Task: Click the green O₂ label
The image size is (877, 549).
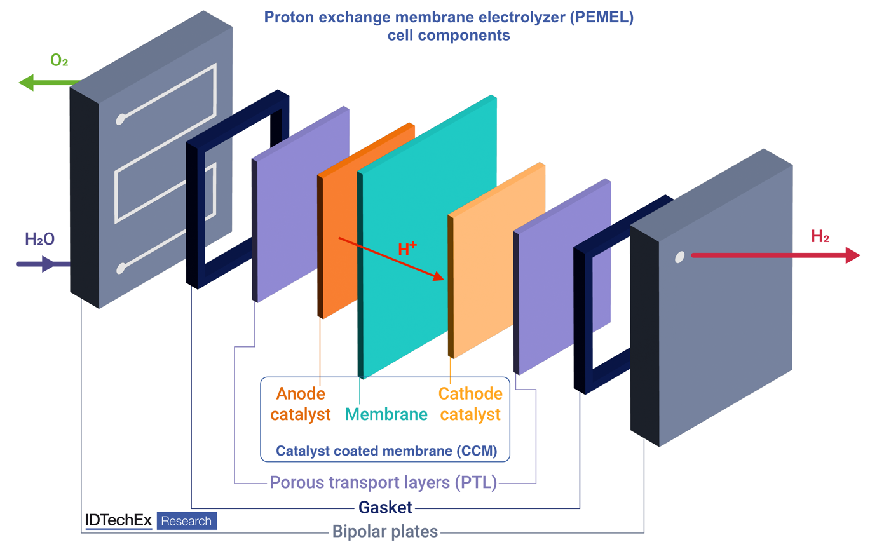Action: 59,61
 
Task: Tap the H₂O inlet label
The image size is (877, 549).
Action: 39,239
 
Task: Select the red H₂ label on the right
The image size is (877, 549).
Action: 820,236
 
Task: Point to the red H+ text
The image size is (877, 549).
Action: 407,249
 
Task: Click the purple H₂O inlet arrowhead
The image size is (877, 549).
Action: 48,263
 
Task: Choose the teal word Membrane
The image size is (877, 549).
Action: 386,415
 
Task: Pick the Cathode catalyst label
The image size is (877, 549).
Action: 470,404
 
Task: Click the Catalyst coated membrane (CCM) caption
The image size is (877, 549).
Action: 386,451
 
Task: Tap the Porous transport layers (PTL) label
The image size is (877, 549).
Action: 383,483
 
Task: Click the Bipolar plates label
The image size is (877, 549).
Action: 385,531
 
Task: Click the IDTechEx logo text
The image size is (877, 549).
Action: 118,520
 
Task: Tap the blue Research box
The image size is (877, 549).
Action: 186,521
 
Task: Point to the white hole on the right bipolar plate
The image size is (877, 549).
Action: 679,257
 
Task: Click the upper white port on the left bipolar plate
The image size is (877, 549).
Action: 120,118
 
